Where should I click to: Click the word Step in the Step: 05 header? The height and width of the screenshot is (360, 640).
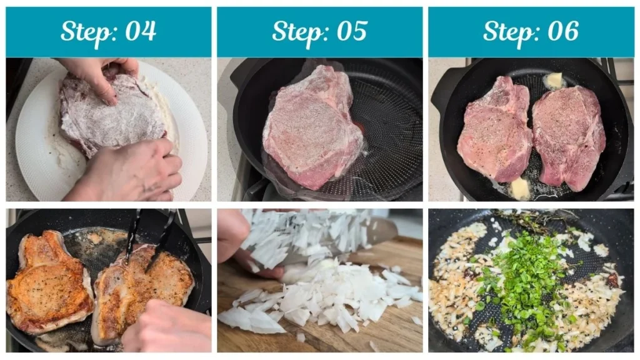tap(295, 31)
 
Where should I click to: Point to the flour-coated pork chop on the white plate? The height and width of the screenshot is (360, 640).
tap(112, 116)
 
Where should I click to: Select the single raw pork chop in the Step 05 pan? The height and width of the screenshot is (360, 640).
tap(312, 128)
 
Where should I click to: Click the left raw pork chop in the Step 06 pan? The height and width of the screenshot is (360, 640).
tap(494, 131)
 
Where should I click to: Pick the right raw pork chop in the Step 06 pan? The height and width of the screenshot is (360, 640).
tap(569, 134)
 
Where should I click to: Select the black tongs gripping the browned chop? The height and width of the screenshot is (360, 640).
tap(150, 237)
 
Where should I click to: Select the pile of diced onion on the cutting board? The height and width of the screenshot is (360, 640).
tap(325, 300)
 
